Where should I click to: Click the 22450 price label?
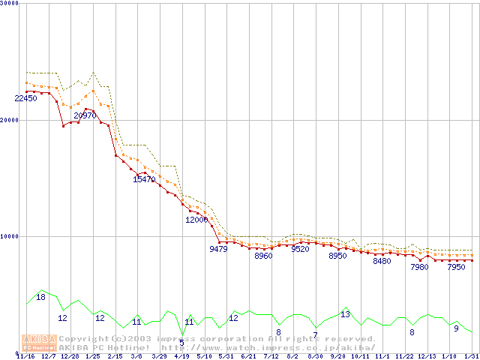click(25, 98)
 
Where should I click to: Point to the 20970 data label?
click(85, 115)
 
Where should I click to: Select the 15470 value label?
click(144, 179)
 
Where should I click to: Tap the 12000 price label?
click(196, 220)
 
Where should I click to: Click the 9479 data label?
click(218, 249)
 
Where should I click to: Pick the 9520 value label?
click(300, 249)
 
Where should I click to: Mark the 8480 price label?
click(382, 261)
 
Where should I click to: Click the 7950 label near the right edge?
click(456, 267)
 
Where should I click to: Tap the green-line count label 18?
click(41, 297)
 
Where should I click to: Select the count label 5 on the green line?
click(181, 343)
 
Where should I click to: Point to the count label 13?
click(345, 314)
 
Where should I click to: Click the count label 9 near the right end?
click(456, 328)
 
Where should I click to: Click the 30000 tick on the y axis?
click(10, 4)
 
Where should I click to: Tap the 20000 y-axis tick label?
click(10, 120)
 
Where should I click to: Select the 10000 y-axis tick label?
click(10, 236)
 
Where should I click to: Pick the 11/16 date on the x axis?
click(25, 356)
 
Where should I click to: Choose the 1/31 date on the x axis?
click(471, 356)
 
